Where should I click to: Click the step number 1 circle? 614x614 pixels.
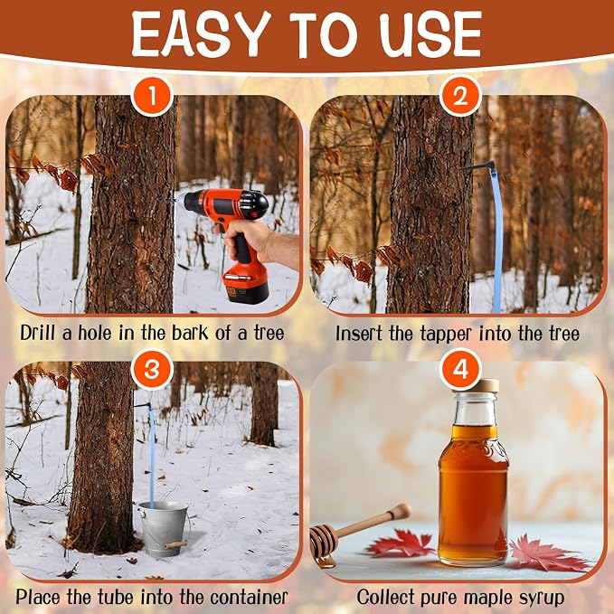(x=152, y=96)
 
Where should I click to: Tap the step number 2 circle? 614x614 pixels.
(x=460, y=96)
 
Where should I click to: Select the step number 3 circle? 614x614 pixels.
(x=152, y=369)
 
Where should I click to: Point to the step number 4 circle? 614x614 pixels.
(x=460, y=369)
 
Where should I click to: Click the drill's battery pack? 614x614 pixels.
(x=246, y=284)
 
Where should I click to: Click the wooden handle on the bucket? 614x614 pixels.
(x=175, y=544)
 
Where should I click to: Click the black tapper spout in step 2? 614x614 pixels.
(x=478, y=167)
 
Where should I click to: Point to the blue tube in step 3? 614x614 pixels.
(x=151, y=454)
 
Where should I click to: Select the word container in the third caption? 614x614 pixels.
(x=249, y=598)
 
